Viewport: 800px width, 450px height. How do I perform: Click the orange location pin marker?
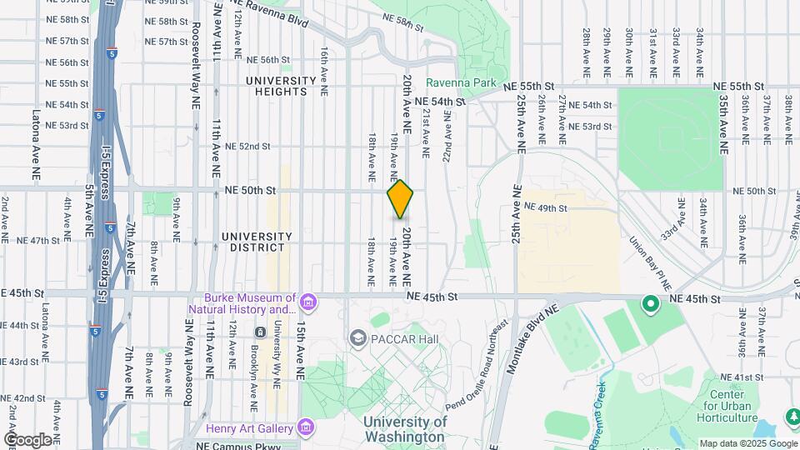click(401, 199)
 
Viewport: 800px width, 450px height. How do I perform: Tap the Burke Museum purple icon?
click(309, 300)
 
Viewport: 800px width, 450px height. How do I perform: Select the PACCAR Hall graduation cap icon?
click(358, 337)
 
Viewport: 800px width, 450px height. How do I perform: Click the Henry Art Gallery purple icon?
click(307, 428)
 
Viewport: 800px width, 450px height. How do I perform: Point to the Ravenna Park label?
click(461, 83)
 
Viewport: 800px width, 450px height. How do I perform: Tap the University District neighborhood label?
click(257, 242)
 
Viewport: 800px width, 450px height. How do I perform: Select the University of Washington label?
click(404, 429)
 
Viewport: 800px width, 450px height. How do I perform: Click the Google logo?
click(27, 439)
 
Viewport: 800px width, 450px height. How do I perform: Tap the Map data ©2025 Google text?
click(747, 443)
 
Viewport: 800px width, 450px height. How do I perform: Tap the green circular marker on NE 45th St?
click(650, 305)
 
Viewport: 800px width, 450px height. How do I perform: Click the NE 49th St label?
click(545, 207)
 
